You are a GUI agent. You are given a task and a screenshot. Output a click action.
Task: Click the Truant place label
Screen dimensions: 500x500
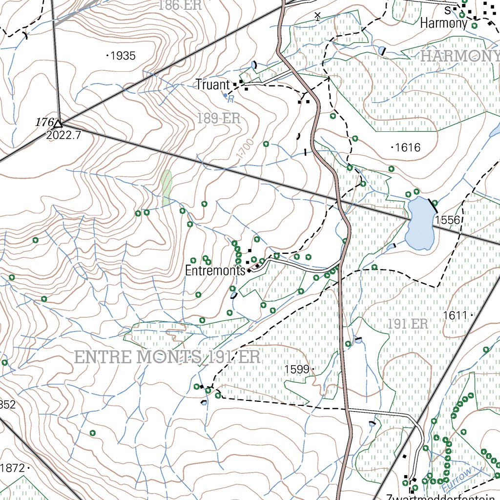click(x=212, y=85)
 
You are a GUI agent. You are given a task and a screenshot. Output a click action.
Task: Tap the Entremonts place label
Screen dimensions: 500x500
click(x=214, y=271)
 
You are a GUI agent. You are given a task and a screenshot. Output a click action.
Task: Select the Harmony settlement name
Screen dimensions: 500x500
click(x=443, y=23)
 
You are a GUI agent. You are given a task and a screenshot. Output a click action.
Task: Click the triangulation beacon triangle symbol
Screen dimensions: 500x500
click(x=59, y=124)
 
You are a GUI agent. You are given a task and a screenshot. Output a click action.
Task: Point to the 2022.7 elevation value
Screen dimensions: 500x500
click(x=63, y=136)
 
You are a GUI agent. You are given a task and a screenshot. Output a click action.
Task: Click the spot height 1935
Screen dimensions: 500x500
click(x=122, y=56)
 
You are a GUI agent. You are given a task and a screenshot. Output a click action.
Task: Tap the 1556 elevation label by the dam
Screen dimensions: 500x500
click(x=447, y=220)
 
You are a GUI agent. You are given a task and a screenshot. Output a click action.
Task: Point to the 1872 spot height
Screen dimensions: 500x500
click(x=14, y=468)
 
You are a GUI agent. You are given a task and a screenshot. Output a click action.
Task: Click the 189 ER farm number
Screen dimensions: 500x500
click(x=219, y=118)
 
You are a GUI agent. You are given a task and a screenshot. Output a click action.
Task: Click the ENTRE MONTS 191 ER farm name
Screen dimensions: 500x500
click(x=167, y=357)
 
